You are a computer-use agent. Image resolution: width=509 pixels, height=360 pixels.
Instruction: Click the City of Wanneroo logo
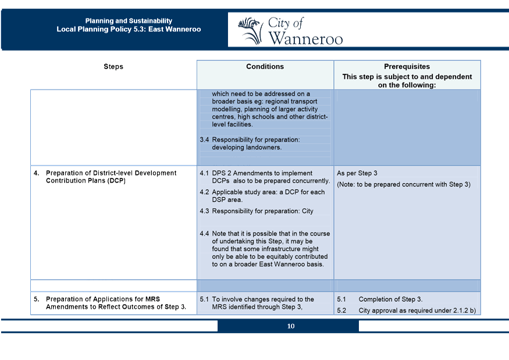pyautogui.click(x=290, y=31)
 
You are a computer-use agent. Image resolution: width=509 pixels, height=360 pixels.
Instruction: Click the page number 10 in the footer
pyautogui.click(x=290, y=326)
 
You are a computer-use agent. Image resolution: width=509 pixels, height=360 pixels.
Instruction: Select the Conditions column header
pyautogui.click(x=265, y=67)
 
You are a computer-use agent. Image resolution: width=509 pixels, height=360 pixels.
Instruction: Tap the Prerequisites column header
pyautogui.click(x=407, y=67)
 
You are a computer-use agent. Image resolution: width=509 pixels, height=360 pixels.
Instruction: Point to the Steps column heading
pyautogui.click(x=113, y=67)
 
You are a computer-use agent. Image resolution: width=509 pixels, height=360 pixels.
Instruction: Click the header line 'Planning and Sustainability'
pyautogui.click(x=129, y=21)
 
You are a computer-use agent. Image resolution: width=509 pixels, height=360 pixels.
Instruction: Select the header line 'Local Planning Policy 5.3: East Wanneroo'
pyautogui.click(x=129, y=29)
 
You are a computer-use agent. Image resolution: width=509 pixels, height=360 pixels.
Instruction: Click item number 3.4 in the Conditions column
pyautogui.click(x=204, y=140)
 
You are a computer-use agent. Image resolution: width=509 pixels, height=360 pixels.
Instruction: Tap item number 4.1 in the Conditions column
pyautogui.click(x=204, y=173)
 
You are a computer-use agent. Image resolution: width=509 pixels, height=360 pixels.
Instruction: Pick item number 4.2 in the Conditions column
pyautogui.click(x=204, y=192)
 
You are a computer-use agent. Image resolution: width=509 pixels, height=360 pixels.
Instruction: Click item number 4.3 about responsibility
pyautogui.click(x=204, y=211)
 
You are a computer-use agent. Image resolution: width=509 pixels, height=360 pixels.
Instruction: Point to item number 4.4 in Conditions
pyautogui.click(x=204, y=234)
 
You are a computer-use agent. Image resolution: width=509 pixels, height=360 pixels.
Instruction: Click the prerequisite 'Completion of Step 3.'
pyautogui.click(x=390, y=300)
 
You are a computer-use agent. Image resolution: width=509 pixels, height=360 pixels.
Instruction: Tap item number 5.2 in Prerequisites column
pyautogui.click(x=341, y=311)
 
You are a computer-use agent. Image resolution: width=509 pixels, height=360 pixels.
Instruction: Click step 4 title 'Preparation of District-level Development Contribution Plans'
pyautogui.click(x=111, y=177)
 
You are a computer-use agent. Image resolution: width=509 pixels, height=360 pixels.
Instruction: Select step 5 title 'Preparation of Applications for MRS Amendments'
pyautogui.click(x=116, y=303)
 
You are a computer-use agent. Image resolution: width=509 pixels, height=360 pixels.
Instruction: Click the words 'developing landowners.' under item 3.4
pyautogui.click(x=247, y=147)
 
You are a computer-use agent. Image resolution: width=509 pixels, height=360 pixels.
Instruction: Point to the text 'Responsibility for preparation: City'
pyautogui.click(x=262, y=211)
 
